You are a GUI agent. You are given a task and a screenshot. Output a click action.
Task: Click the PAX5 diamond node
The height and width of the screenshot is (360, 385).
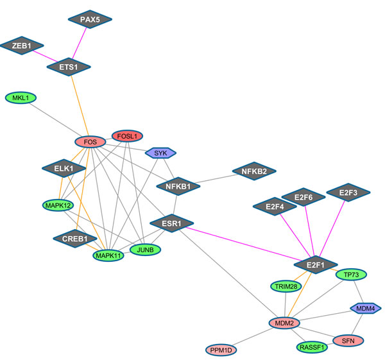click(x=90, y=19)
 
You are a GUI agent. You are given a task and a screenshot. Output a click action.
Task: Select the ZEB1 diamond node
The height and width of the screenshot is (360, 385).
click(x=22, y=46)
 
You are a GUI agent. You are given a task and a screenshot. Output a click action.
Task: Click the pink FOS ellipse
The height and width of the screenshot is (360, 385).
click(x=90, y=142)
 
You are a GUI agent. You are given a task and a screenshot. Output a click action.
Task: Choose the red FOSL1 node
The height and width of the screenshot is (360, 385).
click(x=128, y=136)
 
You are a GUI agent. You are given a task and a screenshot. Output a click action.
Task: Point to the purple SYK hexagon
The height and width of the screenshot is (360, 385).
click(x=160, y=153)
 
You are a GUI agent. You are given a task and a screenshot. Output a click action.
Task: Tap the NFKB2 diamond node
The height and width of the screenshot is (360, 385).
click(x=254, y=171)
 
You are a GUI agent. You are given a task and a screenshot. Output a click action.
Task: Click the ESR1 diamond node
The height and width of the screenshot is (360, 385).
click(x=171, y=224)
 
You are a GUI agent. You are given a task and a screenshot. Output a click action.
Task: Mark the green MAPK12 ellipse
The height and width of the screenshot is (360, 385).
click(x=58, y=205)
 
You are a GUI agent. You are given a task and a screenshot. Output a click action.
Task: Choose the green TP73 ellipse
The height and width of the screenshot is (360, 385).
click(x=351, y=275)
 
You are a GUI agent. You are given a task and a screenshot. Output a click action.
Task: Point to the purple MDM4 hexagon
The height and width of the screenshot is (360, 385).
click(x=364, y=309)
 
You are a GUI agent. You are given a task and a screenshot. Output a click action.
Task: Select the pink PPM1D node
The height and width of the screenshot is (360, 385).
click(x=223, y=350)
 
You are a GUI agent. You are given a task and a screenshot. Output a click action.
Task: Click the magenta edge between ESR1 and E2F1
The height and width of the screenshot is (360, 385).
click(x=244, y=244)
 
